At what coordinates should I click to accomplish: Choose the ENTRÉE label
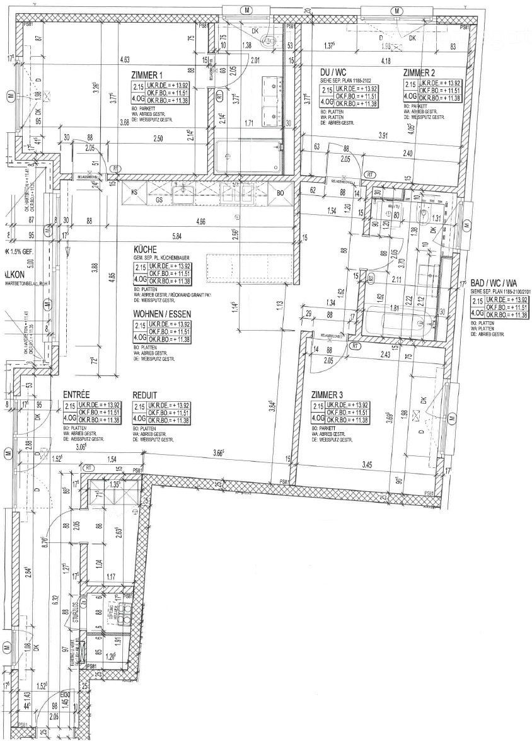click(x=77, y=395)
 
